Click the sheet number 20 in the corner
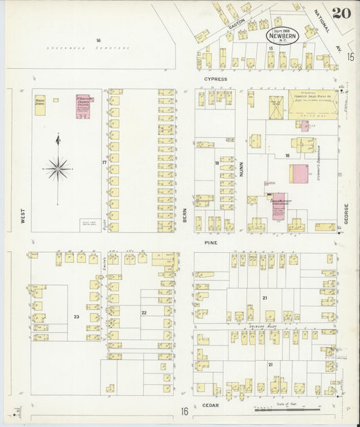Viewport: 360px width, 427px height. [341, 12]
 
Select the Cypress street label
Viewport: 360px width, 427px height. [216, 79]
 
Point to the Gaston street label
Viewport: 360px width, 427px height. [236, 22]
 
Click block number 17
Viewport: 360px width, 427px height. [104, 163]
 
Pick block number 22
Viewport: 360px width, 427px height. [143, 312]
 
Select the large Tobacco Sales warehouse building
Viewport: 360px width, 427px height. [312, 105]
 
